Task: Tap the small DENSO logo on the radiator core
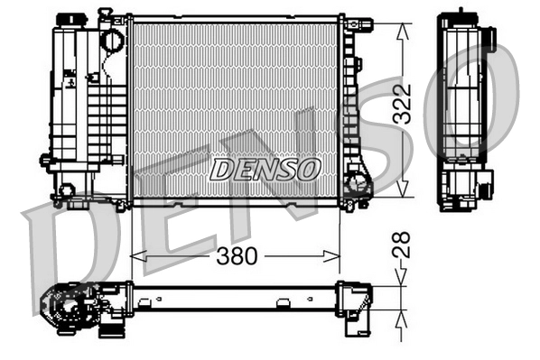[x=264, y=168]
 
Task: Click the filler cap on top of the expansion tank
[x=68, y=20]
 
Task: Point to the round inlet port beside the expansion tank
[x=111, y=41]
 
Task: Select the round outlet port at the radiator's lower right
[x=358, y=187]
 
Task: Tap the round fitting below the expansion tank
[x=66, y=190]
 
